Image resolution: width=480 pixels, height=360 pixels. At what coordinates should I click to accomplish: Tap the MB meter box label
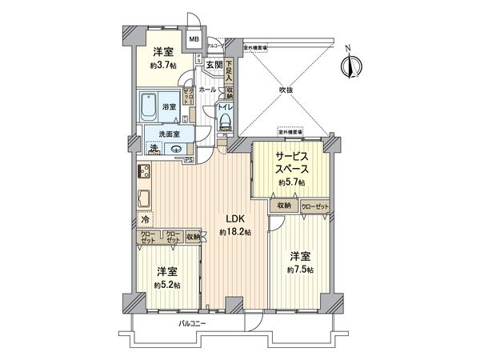pyautogui.click(x=194, y=38)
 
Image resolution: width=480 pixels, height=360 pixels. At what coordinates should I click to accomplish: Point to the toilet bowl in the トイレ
pyautogui.click(x=226, y=121)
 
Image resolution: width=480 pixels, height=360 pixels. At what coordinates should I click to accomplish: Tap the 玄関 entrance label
pyautogui.click(x=213, y=66)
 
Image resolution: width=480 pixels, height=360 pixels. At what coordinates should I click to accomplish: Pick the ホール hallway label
pyautogui.click(x=208, y=90)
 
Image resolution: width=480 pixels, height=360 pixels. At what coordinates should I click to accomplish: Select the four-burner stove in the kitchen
pyautogui.click(x=144, y=171)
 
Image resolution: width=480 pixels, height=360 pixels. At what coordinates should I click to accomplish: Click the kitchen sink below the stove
pyautogui.click(x=144, y=198)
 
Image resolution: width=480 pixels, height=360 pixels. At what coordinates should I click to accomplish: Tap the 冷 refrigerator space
pyautogui.click(x=145, y=218)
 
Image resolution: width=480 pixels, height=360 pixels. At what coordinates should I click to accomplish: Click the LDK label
pyautogui.click(x=234, y=218)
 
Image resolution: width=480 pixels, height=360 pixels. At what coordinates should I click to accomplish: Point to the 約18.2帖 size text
pyautogui.click(x=234, y=232)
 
